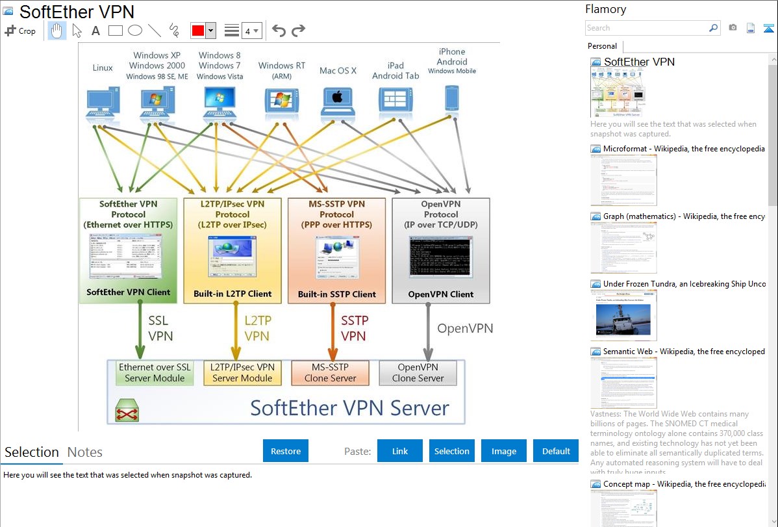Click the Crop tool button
point(20,31)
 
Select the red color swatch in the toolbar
point(197,31)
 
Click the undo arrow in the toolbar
point(279,31)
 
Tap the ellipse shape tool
point(135,31)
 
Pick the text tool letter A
point(95,31)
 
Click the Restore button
point(286,451)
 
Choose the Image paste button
point(504,451)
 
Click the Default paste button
point(556,451)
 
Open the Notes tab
point(85,452)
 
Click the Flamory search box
point(646,28)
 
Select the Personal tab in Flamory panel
point(602,46)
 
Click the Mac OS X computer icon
point(337,101)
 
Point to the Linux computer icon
point(103,103)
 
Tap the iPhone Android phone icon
point(452,99)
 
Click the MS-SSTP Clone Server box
point(331,372)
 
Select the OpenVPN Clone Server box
point(418,372)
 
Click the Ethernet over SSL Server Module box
point(155,372)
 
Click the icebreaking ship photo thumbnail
point(623,315)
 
